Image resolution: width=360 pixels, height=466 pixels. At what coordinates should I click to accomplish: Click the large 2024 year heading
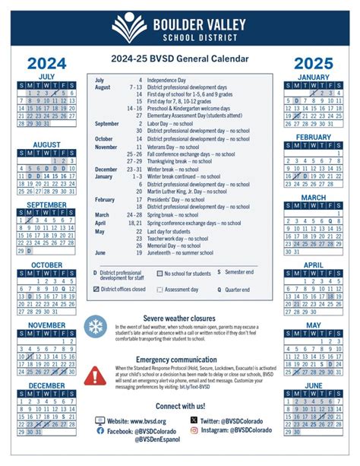pyautogui.click(x=47, y=63)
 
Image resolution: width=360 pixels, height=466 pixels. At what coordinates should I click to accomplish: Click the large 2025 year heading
pyautogui.click(x=313, y=63)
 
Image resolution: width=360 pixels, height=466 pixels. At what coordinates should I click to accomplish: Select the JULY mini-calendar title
pyautogui.click(x=47, y=77)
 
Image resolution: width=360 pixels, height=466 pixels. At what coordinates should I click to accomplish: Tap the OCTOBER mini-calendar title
pyautogui.click(x=47, y=265)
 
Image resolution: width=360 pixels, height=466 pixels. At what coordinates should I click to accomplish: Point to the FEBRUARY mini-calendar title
pyautogui.click(x=313, y=138)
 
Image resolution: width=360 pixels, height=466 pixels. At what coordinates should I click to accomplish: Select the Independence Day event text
pyautogui.click(x=168, y=80)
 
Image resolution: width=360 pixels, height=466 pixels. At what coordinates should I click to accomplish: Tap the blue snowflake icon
pyautogui.click(x=96, y=328)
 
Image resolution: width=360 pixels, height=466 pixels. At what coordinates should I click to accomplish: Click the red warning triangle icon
pyautogui.click(x=96, y=375)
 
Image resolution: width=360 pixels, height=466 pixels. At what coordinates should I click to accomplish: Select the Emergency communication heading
pyautogui.click(x=180, y=360)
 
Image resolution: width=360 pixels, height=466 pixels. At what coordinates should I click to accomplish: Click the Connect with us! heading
pyautogui.click(x=180, y=407)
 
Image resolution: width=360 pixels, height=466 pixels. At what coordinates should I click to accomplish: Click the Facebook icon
pyautogui.click(x=100, y=431)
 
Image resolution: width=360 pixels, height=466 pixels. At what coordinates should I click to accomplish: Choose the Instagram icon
pyautogui.click(x=194, y=431)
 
